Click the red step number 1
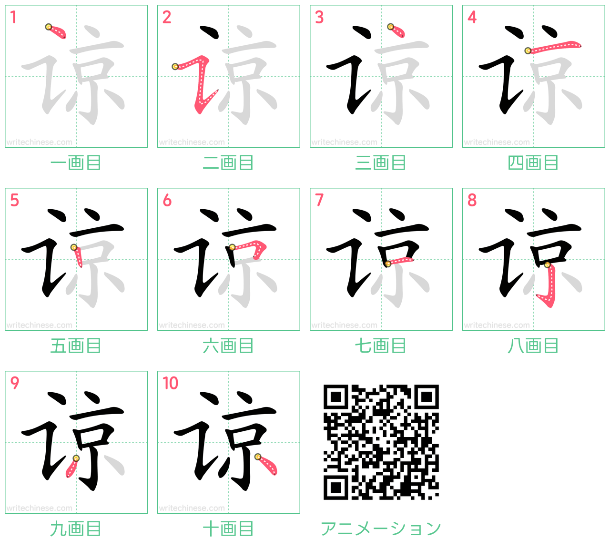click(13, 17)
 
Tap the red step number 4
click(472, 17)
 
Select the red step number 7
click(319, 200)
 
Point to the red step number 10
click(170, 383)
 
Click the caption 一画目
click(76, 163)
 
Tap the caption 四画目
click(533, 163)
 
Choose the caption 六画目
click(228, 346)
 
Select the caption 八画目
click(533, 346)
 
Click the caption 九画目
click(76, 529)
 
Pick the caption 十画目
click(228, 529)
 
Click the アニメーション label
click(381, 529)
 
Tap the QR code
click(381, 442)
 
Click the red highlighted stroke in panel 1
click(57, 31)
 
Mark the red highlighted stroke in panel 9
click(72, 467)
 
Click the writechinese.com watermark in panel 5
click(39, 325)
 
